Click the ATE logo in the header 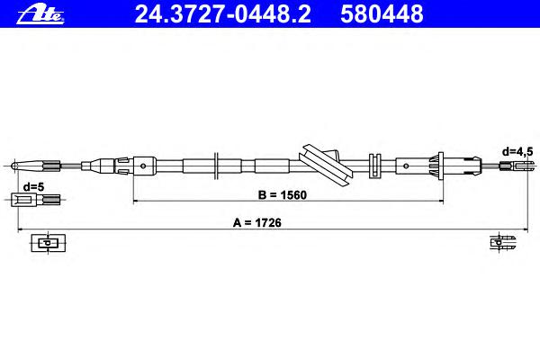(x=40, y=15)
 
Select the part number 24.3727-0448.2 (x=223, y=14)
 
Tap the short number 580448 (x=382, y=14)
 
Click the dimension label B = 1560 (x=282, y=195)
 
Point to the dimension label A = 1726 (x=256, y=222)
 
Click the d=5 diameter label (x=34, y=187)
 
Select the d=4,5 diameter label (x=517, y=151)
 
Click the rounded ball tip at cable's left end (x=14, y=166)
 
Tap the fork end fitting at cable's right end (x=513, y=166)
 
